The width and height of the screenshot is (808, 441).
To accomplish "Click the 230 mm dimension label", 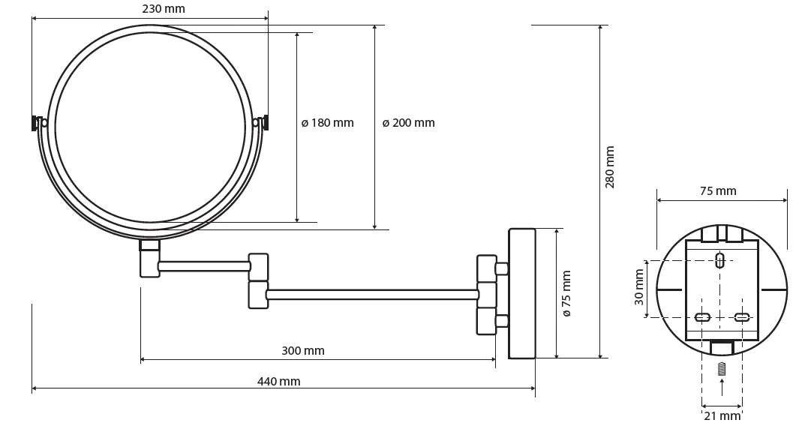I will [163, 9].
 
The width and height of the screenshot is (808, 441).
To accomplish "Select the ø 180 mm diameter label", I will [327, 123].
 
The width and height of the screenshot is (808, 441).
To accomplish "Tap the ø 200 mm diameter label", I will [408, 123].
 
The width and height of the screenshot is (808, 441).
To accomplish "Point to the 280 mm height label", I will [610, 167].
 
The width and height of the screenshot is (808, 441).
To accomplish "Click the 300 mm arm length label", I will [303, 350].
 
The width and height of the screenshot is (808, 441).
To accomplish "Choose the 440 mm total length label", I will [278, 381].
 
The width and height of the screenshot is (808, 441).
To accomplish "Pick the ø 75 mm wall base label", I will [566, 293].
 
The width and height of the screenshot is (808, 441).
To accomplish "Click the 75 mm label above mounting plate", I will [718, 190].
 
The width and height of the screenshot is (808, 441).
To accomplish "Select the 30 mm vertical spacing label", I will [639, 288].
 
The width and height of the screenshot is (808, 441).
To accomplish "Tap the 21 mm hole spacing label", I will [722, 415].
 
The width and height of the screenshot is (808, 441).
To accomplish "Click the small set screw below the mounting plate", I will [722, 369].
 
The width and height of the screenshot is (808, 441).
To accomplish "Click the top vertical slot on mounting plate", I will [720, 261].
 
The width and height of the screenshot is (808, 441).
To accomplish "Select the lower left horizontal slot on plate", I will [703, 317].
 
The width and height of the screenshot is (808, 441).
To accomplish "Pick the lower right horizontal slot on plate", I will [741, 317].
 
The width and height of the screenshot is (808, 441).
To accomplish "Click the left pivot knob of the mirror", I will [38, 122].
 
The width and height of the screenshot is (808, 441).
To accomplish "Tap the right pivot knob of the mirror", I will [263, 121].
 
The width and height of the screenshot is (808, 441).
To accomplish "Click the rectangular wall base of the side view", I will [521, 293].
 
